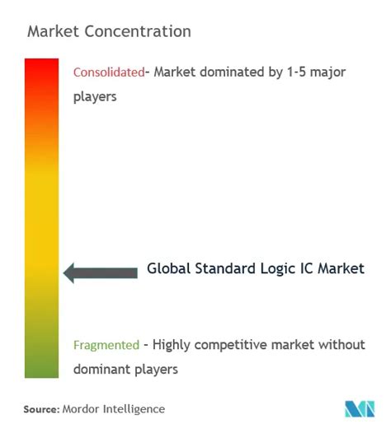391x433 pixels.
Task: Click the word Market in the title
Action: pyautogui.click(x=54, y=32)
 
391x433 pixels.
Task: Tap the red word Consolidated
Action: pyautogui.click(x=108, y=72)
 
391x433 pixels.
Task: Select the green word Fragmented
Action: pyautogui.click(x=106, y=345)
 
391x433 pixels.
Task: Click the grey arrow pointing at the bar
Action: pyautogui.click(x=101, y=271)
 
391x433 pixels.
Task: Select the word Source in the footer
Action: pyautogui.click(x=40, y=409)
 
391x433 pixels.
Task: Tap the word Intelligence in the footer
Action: pyautogui.click(x=135, y=409)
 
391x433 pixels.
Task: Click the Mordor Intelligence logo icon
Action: pyautogui.click(x=358, y=409)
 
